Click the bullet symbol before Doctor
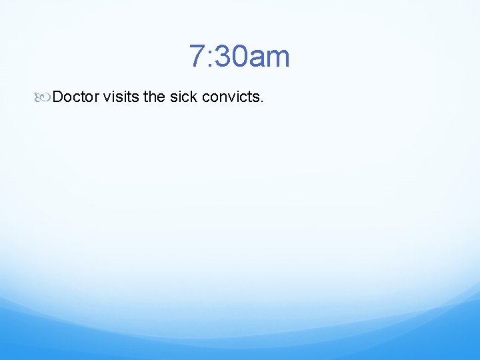(43, 97)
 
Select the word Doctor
(75, 97)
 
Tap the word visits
(121, 97)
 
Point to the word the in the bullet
(154, 97)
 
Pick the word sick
(183, 97)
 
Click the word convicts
(231, 97)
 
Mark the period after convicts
(263, 101)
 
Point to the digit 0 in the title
(238, 57)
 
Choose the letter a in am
(255, 59)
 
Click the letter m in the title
(277, 59)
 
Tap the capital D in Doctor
(58, 97)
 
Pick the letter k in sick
(194, 97)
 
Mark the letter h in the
(153, 97)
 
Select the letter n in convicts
(222, 98)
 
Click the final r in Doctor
(97, 98)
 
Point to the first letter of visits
(107, 98)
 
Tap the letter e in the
(161, 98)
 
